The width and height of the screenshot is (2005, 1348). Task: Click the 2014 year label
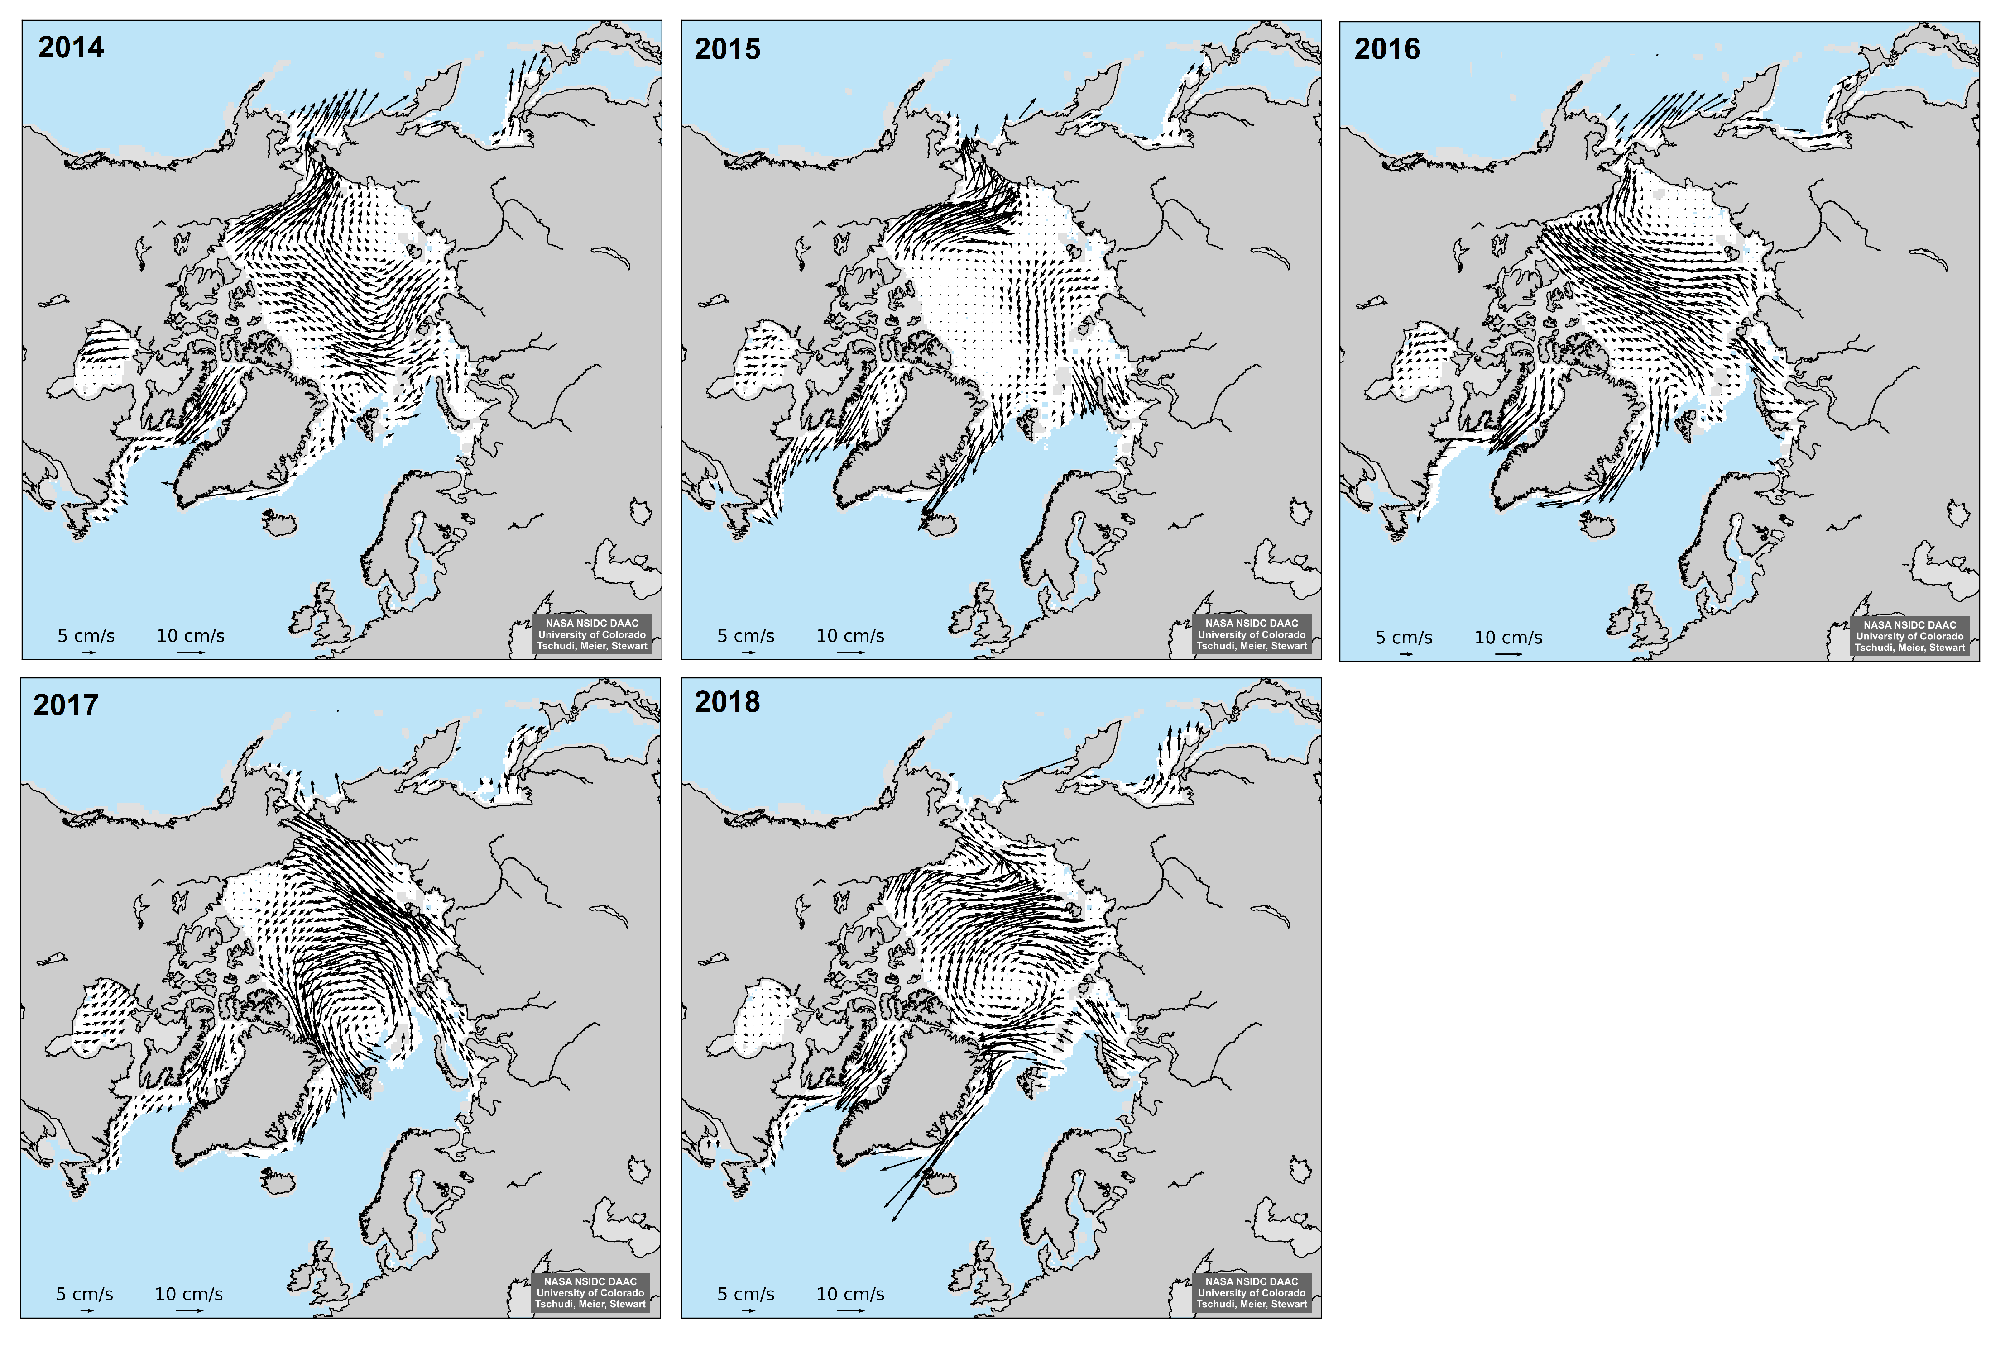pos(71,47)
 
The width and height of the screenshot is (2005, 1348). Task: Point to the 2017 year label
pos(65,705)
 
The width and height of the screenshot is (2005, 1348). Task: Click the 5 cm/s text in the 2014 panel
pos(86,636)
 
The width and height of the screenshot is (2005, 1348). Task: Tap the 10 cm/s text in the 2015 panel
pos(850,636)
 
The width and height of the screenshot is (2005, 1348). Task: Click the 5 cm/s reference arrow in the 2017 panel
pos(86,1311)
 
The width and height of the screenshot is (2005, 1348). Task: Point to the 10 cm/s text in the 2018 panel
pos(850,1294)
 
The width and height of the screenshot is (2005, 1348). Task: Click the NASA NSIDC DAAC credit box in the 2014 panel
pos(592,634)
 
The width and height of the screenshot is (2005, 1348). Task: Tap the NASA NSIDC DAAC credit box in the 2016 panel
pos(1909,636)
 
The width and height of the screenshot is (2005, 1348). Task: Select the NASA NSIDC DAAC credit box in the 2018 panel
pos(1252,1293)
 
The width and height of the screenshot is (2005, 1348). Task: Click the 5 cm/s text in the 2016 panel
pos(1404,638)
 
